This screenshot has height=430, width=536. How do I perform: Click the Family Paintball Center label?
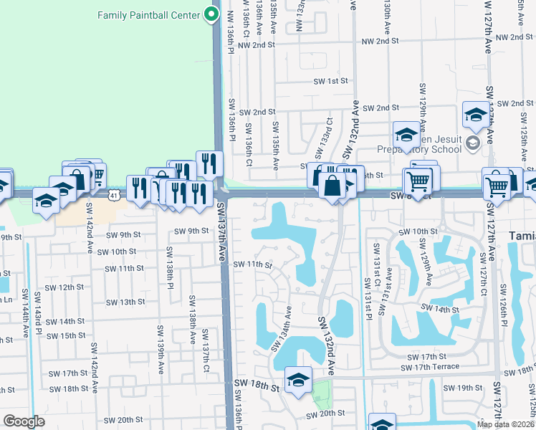click(x=148, y=15)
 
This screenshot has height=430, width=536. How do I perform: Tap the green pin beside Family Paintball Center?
click(x=211, y=14)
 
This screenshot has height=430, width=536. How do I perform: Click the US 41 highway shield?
click(x=114, y=194)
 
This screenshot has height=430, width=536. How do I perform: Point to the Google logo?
click(x=24, y=421)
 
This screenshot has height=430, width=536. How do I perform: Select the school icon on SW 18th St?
click(x=297, y=381)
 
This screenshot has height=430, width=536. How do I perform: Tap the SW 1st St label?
click(x=334, y=82)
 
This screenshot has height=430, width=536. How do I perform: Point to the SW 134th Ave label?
click(x=282, y=328)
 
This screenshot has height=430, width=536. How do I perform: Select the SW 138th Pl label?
click(x=170, y=265)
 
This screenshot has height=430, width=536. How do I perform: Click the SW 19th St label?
click(x=458, y=388)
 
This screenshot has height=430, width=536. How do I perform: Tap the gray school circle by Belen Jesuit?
click(x=472, y=143)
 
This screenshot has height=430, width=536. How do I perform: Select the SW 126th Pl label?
click(x=504, y=304)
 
